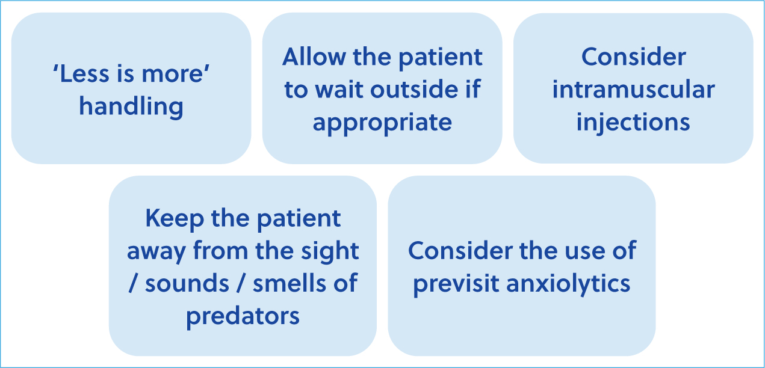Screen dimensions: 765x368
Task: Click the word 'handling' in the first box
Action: (x=131, y=107)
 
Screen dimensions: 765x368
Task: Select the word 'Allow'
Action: (x=314, y=57)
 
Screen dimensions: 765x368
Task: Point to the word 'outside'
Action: (x=414, y=90)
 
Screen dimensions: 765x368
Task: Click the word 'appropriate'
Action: (x=382, y=123)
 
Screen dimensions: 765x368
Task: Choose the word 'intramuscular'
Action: (x=634, y=90)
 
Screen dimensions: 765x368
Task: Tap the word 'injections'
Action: (x=633, y=123)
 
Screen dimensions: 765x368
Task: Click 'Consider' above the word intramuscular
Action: (x=634, y=57)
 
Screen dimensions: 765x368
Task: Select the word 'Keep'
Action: (x=175, y=219)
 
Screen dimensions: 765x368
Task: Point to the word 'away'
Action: (x=156, y=252)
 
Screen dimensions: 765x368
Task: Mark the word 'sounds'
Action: (x=187, y=284)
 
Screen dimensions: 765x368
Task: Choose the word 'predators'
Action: (x=243, y=316)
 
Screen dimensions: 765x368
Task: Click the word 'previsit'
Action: (x=456, y=284)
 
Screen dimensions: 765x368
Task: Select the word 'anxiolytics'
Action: (x=568, y=284)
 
